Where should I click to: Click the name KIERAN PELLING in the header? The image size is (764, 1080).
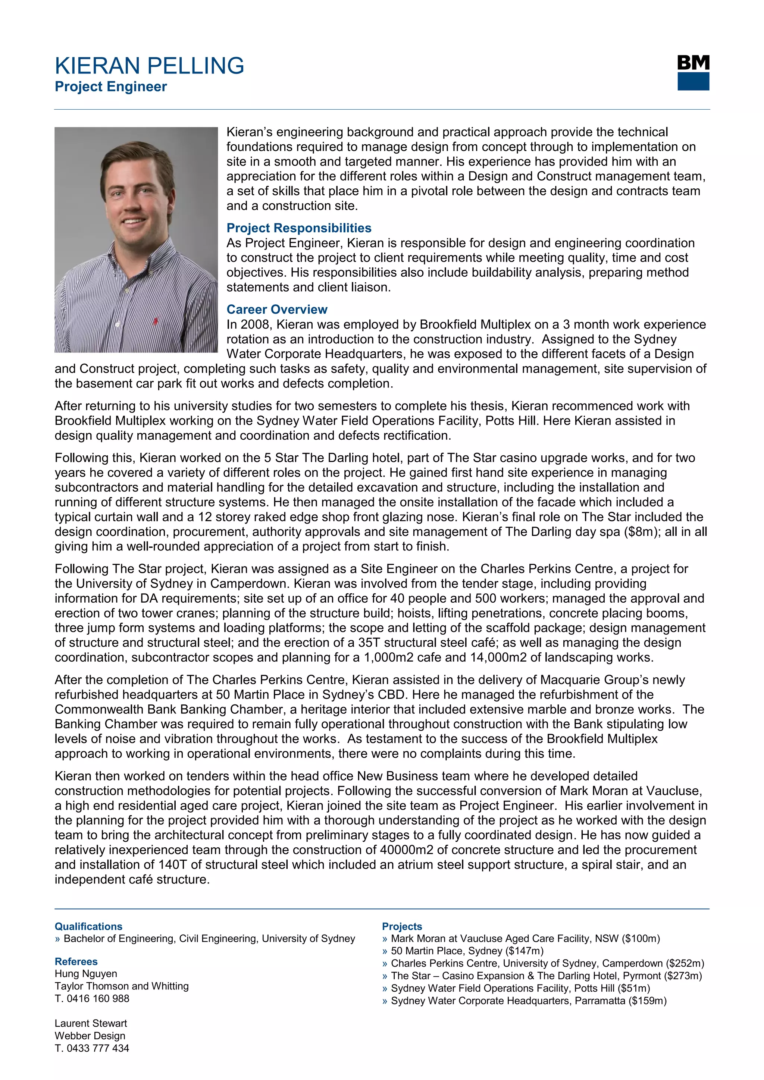click(x=149, y=66)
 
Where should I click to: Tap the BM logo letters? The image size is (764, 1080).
click(x=693, y=63)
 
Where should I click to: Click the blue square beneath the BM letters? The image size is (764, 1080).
click(x=693, y=81)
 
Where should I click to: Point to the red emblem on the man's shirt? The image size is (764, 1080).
click(x=155, y=322)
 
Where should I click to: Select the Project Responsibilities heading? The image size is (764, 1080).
click(x=299, y=228)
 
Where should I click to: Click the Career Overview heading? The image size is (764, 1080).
click(x=277, y=310)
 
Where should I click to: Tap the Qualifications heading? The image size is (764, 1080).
click(x=88, y=926)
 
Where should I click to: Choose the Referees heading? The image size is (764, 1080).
click(x=76, y=961)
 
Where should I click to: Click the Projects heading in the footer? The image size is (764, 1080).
click(x=402, y=926)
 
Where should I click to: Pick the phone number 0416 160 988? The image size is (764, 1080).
click(x=97, y=998)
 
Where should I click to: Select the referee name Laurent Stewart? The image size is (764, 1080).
click(x=91, y=1023)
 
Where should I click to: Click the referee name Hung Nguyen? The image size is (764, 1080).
click(x=86, y=974)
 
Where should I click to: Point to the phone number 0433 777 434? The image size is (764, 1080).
click(x=97, y=1048)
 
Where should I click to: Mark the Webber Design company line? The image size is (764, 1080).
click(x=90, y=1036)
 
